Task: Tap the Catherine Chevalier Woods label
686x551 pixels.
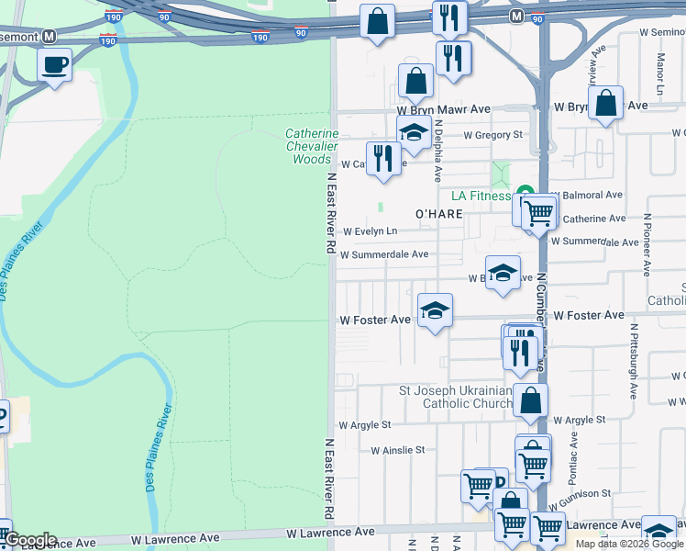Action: tap(312, 146)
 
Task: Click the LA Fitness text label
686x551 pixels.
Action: tap(481, 196)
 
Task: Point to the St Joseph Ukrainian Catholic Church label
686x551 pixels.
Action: tap(455, 397)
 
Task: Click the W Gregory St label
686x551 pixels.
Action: tap(492, 135)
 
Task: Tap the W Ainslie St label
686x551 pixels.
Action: tap(397, 450)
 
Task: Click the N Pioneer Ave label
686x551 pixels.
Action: tap(647, 245)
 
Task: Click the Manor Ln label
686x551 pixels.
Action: tap(660, 73)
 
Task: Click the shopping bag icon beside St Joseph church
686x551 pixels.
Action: tap(530, 400)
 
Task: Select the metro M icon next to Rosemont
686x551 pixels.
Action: tap(50, 37)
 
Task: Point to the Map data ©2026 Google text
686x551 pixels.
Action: tap(630, 544)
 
